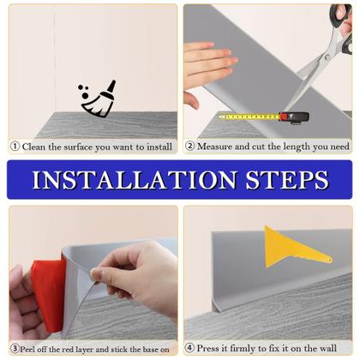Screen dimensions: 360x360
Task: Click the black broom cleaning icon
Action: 99,99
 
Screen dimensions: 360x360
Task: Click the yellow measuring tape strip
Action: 249,117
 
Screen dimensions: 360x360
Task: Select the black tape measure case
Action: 295,118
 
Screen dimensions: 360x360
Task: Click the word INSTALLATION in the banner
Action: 135,180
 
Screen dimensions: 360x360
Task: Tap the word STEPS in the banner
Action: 287,180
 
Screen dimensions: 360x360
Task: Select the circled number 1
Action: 15,147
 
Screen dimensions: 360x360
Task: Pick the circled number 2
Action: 189,146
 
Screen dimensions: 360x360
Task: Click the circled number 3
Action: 15,349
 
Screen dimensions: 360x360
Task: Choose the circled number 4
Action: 189,348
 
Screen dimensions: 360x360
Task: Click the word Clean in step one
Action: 33,147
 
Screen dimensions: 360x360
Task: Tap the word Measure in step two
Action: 214,147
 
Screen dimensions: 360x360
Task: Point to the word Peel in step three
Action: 27,349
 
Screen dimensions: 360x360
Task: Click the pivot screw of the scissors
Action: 327,57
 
